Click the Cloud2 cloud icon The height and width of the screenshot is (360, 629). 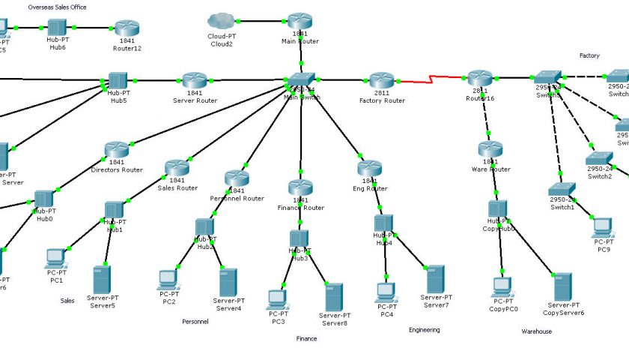click(222, 20)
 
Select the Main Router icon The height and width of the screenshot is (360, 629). click(300, 20)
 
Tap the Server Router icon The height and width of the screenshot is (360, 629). click(195, 79)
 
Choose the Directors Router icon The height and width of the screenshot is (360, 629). click(117, 150)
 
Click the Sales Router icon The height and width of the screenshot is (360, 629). click(177, 168)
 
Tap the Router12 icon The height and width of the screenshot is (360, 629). click(127, 28)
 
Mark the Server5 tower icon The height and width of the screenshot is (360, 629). click(103, 278)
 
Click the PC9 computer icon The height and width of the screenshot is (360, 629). click(604, 227)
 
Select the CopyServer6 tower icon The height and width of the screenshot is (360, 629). click(563, 286)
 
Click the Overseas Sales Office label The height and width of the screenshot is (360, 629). click(57, 7)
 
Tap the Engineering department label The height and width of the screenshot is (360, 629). click(425, 329)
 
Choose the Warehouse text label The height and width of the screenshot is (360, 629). click(537, 331)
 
